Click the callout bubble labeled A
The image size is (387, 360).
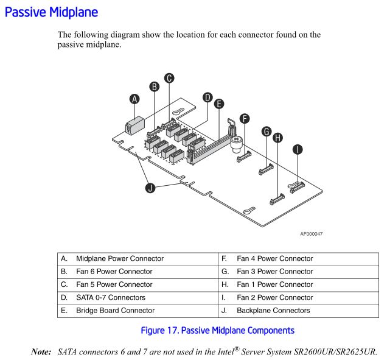(134, 99)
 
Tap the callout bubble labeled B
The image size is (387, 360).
(155, 86)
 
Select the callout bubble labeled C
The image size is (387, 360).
(169, 77)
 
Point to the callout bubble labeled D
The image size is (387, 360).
(207, 97)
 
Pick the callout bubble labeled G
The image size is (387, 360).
(266, 131)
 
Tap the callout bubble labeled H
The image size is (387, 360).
(279, 138)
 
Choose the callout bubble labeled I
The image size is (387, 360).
(298, 148)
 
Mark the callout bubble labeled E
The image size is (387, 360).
(219, 104)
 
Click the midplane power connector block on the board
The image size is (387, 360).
(132, 127)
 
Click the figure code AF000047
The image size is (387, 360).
(312, 233)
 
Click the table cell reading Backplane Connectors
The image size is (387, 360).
(273, 310)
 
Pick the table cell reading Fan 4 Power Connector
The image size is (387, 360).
(274, 258)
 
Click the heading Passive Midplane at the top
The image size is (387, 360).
(51, 12)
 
